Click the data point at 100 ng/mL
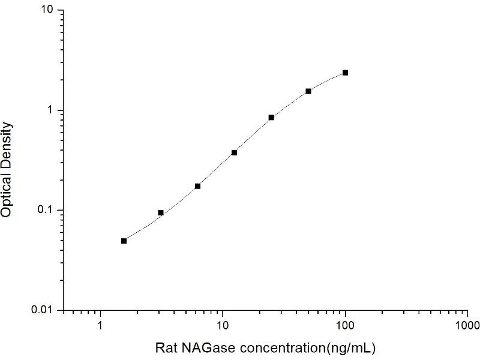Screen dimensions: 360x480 [345, 73]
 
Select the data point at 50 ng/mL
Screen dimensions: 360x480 [308, 91]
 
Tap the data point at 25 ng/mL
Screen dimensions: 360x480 [271, 118]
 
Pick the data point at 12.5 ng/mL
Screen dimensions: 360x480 [234, 152]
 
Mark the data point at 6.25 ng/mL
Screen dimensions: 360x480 [197, 186]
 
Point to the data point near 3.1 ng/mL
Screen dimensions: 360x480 [161, 212]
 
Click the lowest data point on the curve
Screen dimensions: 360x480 [124, 241]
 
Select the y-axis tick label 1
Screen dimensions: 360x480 [53, 110]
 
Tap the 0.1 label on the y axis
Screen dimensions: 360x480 [47, 210]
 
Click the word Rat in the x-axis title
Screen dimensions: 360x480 [166, 348]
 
